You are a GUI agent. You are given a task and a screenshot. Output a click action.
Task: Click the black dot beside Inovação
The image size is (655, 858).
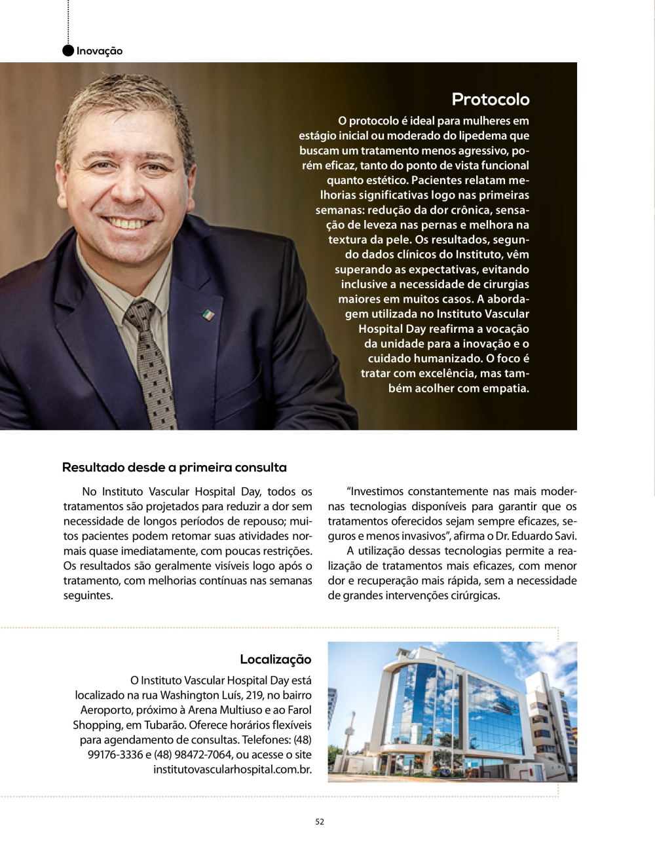(68, 51)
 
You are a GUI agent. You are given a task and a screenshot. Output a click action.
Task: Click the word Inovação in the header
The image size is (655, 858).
(100, 51)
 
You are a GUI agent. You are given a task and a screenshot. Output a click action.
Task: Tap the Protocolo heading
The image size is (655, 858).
(490, 100)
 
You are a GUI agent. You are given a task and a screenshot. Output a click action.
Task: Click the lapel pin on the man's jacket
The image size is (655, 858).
(208, 314)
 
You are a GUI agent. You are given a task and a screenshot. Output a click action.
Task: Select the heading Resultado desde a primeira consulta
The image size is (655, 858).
(174, 468)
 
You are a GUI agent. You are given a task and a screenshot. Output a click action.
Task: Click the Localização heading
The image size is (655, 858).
(275, 660)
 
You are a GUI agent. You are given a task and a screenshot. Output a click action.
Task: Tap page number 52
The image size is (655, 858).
(320, 822)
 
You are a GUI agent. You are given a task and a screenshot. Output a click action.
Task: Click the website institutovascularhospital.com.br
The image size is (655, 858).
(233, 770)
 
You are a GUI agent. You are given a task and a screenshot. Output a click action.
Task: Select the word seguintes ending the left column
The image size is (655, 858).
(87, 596)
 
